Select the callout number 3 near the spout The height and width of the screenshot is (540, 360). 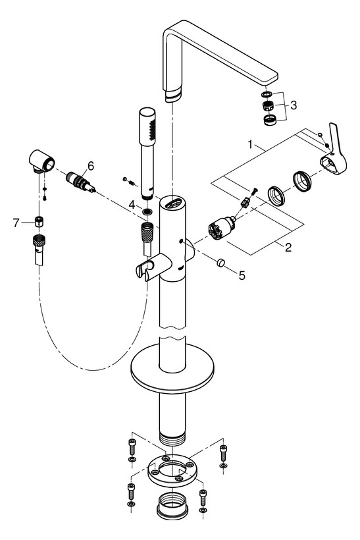tap(294, 105)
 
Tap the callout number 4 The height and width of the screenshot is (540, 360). tap(132, 205)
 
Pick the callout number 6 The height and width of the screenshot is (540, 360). tap(90, 165)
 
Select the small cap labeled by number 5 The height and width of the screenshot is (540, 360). tap(220, 263)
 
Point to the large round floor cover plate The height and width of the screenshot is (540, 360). tap(172, 371)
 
